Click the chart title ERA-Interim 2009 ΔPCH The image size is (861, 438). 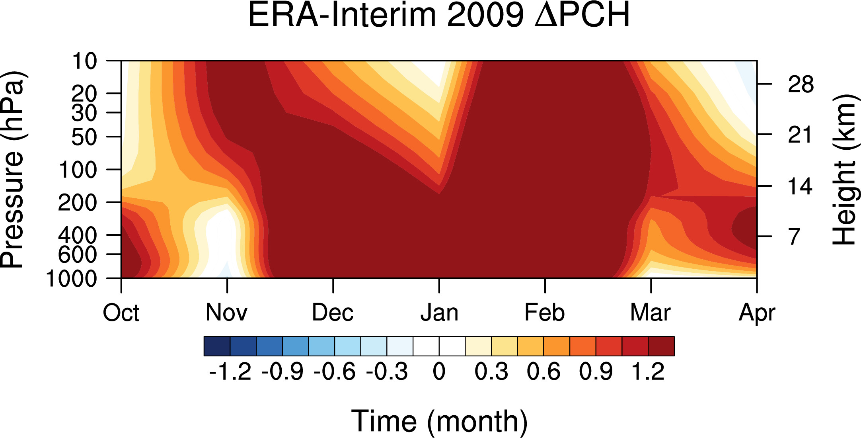click(x=439, y=15)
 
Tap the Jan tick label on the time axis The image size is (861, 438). click(x=439, y=313)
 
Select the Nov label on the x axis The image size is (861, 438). click(x=226, y=313)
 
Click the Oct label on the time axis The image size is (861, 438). click(x=121, y=313)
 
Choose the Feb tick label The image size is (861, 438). click(x=545, y=313)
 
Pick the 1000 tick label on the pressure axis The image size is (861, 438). click(x=72, y=279)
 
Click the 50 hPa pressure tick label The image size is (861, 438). click(x=84, y=137)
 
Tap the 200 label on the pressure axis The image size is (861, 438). click(x=78, y=203)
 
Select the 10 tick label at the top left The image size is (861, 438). click(x=84, y=61)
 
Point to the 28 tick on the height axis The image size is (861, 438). click(x=801, y=85)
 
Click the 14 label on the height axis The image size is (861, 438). click(x=801, y=186)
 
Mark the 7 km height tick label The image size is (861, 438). click(x=795, y=237)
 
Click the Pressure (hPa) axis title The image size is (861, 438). click(x=13, y=170)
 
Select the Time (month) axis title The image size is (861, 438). click(x=439, y=421)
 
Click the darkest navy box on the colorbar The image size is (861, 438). click(x=217, y=346)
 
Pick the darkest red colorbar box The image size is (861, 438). click(x=661, y=346)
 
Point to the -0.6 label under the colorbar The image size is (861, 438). click(x=334, y=372)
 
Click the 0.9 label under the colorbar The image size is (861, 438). click(x=596, y=372)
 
